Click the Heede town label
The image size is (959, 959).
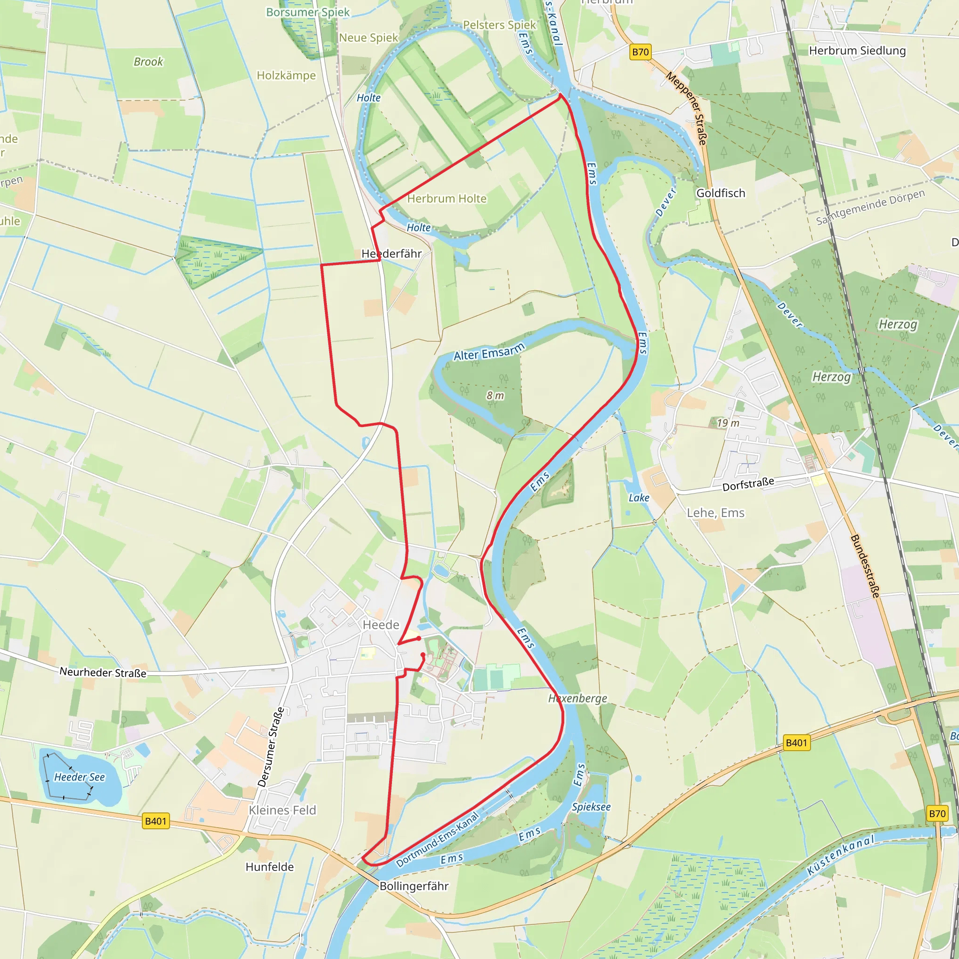(x=381, y=625)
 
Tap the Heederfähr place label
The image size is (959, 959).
(x=391, y=254)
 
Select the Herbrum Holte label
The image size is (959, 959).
(x=447, y=199)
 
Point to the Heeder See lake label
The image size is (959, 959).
(x=80, y=777)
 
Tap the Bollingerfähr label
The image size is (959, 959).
(x=413, y=886)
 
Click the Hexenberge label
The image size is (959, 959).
(x=577, y=698)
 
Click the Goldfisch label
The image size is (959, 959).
(x=720, y=193)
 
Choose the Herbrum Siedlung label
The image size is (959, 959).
(x=857, y=51)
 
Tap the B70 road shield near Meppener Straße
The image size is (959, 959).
(x=640, y=52)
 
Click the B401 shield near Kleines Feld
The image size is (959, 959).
(x=155, y=821)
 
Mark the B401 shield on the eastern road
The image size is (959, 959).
(x=797, y=743)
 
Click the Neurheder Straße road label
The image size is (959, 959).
(x=103, y=672)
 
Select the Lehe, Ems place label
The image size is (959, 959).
(x=716, y=513)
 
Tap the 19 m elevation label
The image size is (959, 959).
(x=728, y=423)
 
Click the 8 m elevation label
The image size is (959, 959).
(x=495, y=396)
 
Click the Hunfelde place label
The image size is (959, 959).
(x=270, y=867)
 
